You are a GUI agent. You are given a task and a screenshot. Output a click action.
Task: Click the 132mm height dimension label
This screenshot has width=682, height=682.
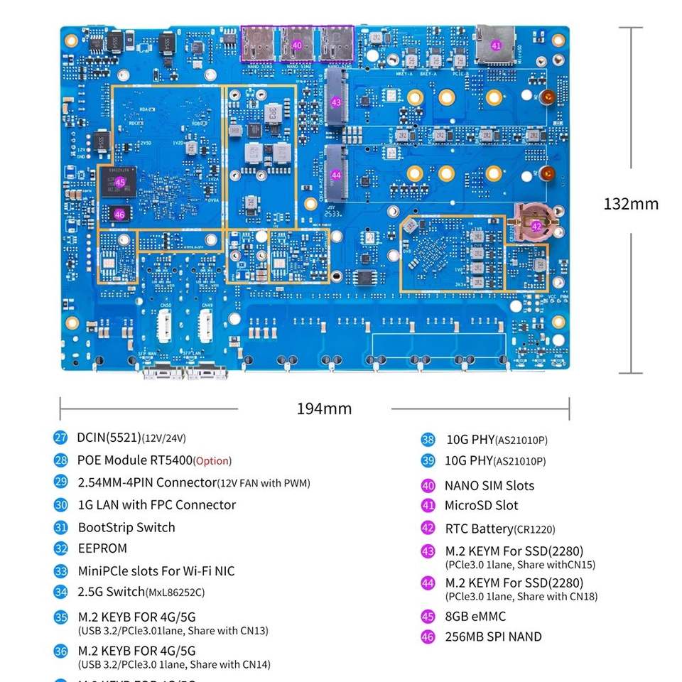tap(631, 204)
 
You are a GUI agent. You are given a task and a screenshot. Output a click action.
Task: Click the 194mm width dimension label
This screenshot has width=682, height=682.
tap(324, 408)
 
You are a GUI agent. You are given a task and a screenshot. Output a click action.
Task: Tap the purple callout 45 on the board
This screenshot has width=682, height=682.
tap(120, 183)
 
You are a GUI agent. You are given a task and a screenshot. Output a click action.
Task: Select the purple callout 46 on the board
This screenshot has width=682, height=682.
tap(119, 214)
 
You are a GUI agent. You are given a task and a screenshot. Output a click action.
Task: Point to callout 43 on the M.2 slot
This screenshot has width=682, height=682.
tap(336, 102)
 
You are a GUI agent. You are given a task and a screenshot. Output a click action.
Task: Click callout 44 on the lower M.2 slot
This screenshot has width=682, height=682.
tap(336, 175)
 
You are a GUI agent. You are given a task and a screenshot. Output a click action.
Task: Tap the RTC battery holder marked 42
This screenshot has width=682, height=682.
tap(537, 227)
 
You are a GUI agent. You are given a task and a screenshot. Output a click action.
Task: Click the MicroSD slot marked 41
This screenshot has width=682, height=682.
tap(496, 45)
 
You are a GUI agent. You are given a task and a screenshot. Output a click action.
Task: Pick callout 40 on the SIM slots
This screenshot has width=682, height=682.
tap(297, 45)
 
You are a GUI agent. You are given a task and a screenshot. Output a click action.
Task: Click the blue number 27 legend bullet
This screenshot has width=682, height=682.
tap(61, 438)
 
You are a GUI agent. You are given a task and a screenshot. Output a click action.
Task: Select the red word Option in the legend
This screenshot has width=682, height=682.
tap(212, 461)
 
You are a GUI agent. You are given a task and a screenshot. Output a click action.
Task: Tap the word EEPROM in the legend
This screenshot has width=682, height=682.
tap(102, 548)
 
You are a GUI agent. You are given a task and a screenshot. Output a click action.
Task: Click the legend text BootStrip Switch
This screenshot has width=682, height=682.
tap(126, 527)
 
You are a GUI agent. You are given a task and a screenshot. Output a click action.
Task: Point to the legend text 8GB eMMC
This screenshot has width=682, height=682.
tap(475, 617)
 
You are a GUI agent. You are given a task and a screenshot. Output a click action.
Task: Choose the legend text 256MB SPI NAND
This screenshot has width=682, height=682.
tap(493, 637)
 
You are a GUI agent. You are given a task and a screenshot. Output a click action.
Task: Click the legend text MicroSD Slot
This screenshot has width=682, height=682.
tap(481, 506)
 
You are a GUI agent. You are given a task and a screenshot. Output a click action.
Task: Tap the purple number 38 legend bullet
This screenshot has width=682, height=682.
tap(428, 440)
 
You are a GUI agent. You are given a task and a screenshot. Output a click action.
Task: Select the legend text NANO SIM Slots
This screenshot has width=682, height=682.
tap(489, 486)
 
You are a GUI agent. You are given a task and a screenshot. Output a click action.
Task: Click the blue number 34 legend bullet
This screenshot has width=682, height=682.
tap(61, 592)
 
